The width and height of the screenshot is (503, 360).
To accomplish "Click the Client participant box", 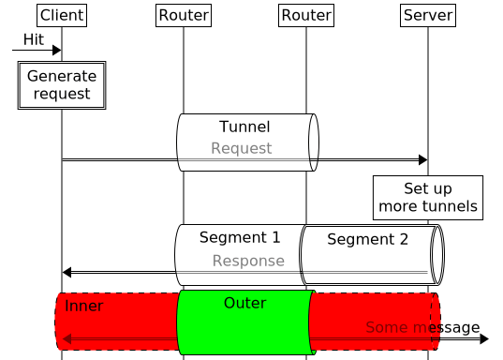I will click(62, 15).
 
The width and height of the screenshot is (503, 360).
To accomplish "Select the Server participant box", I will click(427, 15).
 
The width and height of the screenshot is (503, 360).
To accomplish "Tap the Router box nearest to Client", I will click(184, 15).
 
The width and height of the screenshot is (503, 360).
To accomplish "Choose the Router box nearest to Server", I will click(306, 15).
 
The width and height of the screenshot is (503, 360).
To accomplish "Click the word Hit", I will click(33, 38).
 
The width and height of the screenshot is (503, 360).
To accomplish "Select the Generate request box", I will click(62, 85).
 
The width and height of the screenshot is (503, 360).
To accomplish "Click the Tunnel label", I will click(244, 127).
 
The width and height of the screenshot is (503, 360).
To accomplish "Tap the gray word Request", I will click(241, 148).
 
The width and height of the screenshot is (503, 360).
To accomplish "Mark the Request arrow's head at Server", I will click(422, 160).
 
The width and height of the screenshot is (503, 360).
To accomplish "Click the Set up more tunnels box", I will click(427, 198).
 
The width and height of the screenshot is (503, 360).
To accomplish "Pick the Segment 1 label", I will click(240, 237).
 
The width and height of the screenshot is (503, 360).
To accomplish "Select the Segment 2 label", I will click(367, 239).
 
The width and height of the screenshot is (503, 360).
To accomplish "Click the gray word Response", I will click(248, 261).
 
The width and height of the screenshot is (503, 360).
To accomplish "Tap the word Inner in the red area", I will click(84, 307).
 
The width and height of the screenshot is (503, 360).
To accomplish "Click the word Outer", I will click(244, 303).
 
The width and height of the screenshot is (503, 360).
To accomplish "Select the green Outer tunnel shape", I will click(244, 328).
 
